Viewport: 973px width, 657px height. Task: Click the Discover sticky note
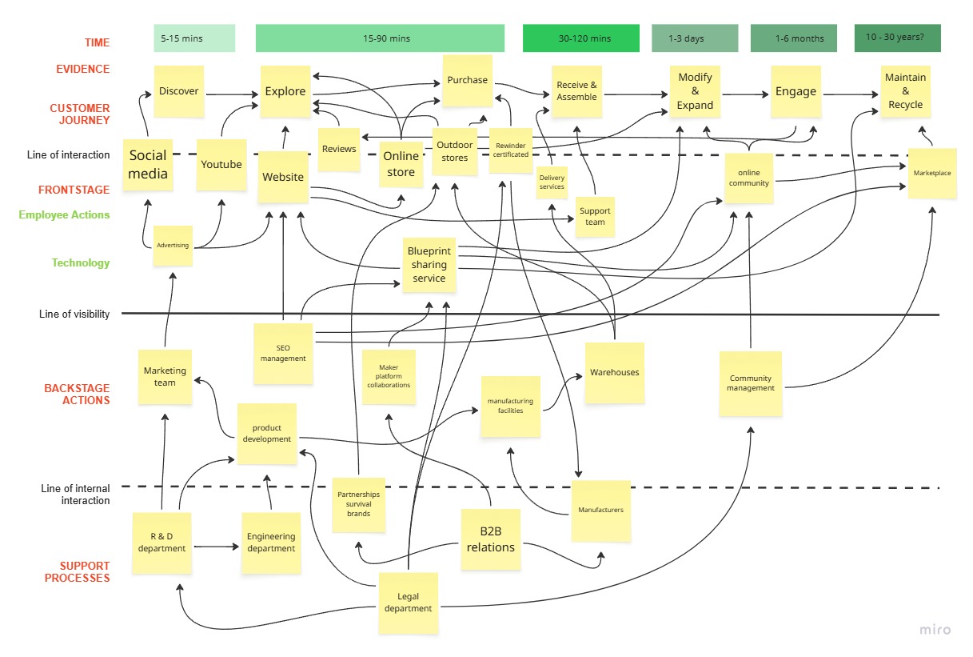pyautogui.click(x=178, y=91)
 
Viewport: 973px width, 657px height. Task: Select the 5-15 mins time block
pyautogui.click(x=194, y=38)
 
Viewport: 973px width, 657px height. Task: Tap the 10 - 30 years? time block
pyautogui.click(x=897, y=38)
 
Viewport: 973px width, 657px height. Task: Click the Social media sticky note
pyautogui.click(x=148, y=165)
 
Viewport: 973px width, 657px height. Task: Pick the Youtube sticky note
pyautogui.click(x=221, y=165)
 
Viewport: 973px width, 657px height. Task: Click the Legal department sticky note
pyautogui.click(x=408, y=603)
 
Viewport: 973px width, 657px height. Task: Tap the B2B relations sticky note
pyautogui.click(x=491, y=540)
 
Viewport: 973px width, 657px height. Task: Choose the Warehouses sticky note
pyautogui.click(x=614, y=372)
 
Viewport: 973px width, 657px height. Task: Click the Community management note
pyautogui.click(x=750, y=383)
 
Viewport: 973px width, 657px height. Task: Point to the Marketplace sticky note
pyautogui.click(x=932, y=173)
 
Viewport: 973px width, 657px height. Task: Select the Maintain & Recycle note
pyautogui.click(x=905, y=91)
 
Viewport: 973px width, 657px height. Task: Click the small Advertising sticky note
pyautogui.click(x=173, y=246)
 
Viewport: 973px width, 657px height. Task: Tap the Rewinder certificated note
pyautogui.click(x=510, y=150)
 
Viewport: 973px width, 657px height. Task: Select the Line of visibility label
pyautogui.click(x=74, y=314)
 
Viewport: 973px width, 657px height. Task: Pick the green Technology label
pyautogui.click(x=81, y=263)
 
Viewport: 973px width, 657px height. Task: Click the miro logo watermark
pyautogui.click(x=935, y=630)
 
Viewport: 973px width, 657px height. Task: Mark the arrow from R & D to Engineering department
pyautogui.click(x=216, y=547)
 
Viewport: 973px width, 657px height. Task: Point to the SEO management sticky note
pyautogui.click(x=283, y=353)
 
